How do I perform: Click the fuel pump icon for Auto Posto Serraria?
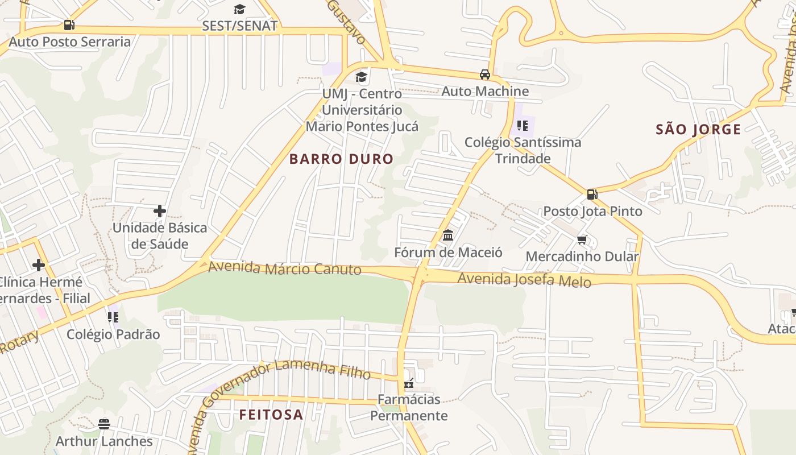point(69,25)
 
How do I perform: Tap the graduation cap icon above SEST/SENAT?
point(239,9)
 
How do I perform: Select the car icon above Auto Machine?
point(485,75)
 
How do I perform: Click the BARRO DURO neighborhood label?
point(341,159)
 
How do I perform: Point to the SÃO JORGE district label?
point(698,130)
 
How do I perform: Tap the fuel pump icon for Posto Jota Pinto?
point(592,195)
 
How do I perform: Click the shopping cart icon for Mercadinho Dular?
point(582,240)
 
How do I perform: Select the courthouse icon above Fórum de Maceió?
point(448,235)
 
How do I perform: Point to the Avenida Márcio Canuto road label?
point(284,268)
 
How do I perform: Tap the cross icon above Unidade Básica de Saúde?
point(160,211)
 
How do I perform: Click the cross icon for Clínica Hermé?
point(39,265)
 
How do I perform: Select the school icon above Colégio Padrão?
point(113,317)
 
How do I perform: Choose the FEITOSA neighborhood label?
point(271,415)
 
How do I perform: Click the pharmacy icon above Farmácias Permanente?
point(408,383)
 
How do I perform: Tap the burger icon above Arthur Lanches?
point(104,424)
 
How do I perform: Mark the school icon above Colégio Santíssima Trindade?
point(523,126)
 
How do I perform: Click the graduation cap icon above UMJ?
point(362,77)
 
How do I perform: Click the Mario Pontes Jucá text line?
point(362,126)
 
